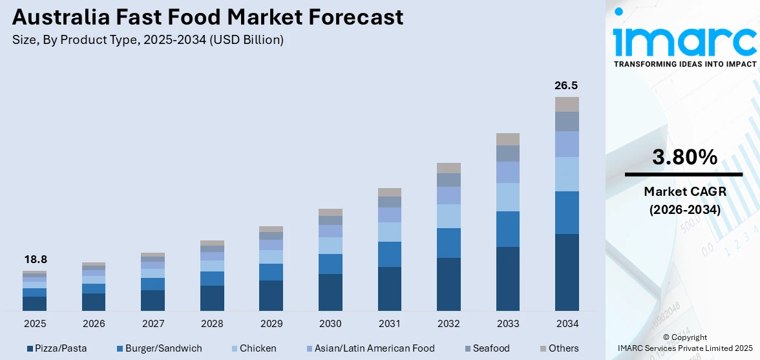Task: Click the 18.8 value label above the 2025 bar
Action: point(35,259)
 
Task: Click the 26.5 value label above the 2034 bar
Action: point(566,85)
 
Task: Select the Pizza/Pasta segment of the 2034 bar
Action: point(567,271)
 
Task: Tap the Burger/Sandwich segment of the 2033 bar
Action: point(508,229)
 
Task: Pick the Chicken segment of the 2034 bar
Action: point(567,174)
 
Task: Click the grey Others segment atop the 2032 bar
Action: point(449,168)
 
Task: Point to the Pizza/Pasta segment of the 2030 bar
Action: point(330,291)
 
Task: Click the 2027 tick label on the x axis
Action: point(153,323)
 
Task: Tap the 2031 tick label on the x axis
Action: point(390,323)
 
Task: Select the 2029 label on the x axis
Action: point(271,323)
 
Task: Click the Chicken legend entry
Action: point(253,348)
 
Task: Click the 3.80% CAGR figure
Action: point(685,157)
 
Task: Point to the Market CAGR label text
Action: point(685,191)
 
